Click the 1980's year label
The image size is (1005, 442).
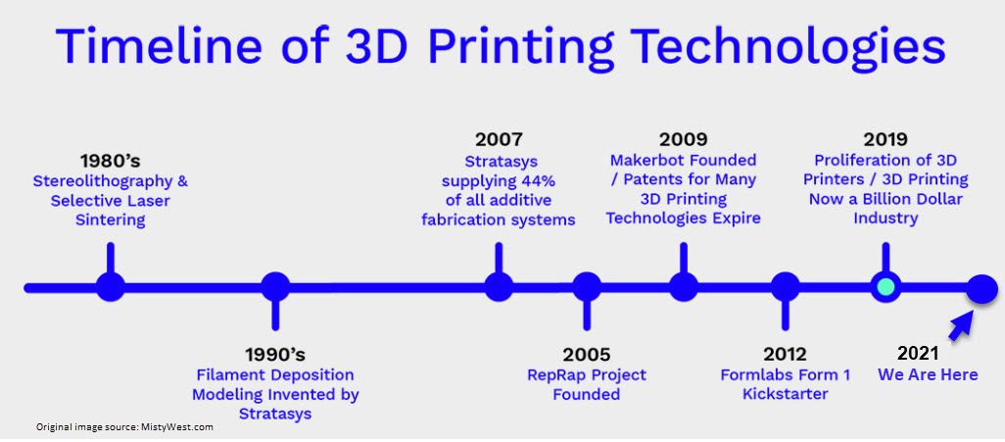[111, 161]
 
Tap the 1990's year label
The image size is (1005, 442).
[275, 354]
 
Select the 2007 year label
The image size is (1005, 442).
[499, 139]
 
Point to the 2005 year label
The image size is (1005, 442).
[587, 354]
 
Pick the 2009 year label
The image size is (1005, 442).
[684, 139]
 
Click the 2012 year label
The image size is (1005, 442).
[786, 354]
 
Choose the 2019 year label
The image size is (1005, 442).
[885, 139]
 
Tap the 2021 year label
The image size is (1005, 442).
[918, 354]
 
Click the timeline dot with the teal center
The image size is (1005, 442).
[885, 287]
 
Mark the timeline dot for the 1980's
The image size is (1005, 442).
[111, 287]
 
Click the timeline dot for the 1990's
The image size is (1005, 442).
[275, 287]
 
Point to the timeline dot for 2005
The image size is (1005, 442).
[587, 287]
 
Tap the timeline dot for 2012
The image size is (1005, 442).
[786, 287]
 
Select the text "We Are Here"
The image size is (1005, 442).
[928, 374]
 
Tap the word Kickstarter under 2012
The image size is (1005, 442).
[786, 394]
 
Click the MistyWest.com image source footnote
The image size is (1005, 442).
[124, 426]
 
